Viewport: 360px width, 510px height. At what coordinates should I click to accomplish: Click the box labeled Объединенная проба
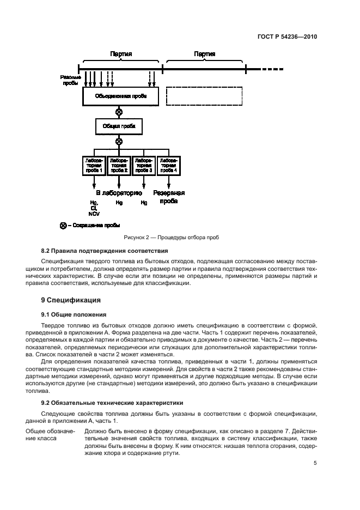pyautogui.click(x=119, y=97)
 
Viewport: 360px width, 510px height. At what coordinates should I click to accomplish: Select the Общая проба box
pyautogui.click(x=119, y=126)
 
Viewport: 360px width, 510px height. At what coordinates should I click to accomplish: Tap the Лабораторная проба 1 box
pyautogui.click(x=93, y=166)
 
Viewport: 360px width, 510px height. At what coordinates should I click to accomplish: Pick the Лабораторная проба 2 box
pyautogui.click(x=119, y=166)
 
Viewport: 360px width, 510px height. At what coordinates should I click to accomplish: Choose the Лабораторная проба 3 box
pyautogui.click(x=144, y=166)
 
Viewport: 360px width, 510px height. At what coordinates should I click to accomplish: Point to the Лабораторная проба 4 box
pyautogui.click(x=168, y=166)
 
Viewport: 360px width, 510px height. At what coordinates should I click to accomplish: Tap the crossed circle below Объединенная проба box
pyautogui.click(x=119, y=112)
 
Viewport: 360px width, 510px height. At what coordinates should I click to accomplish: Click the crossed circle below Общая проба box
pyautogui.click(x=119, y=141)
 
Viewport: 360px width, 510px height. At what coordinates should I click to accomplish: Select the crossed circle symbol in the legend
pyautogui.click(x=63, y=225)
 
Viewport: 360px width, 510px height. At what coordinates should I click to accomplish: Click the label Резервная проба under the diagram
pyautogui.click(x=168, y=197)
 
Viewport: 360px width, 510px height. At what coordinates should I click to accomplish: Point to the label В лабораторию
pyautogui.click(x=119, y=193)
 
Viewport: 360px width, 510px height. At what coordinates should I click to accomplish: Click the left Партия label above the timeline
pyautogui.click(x=120, y=54)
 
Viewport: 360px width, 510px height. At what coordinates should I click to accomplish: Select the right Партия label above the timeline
pyautogui.click(x=204, y=54)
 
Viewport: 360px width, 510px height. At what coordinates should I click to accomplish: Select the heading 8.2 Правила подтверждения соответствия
pyautogui.click(x=105, y=251)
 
